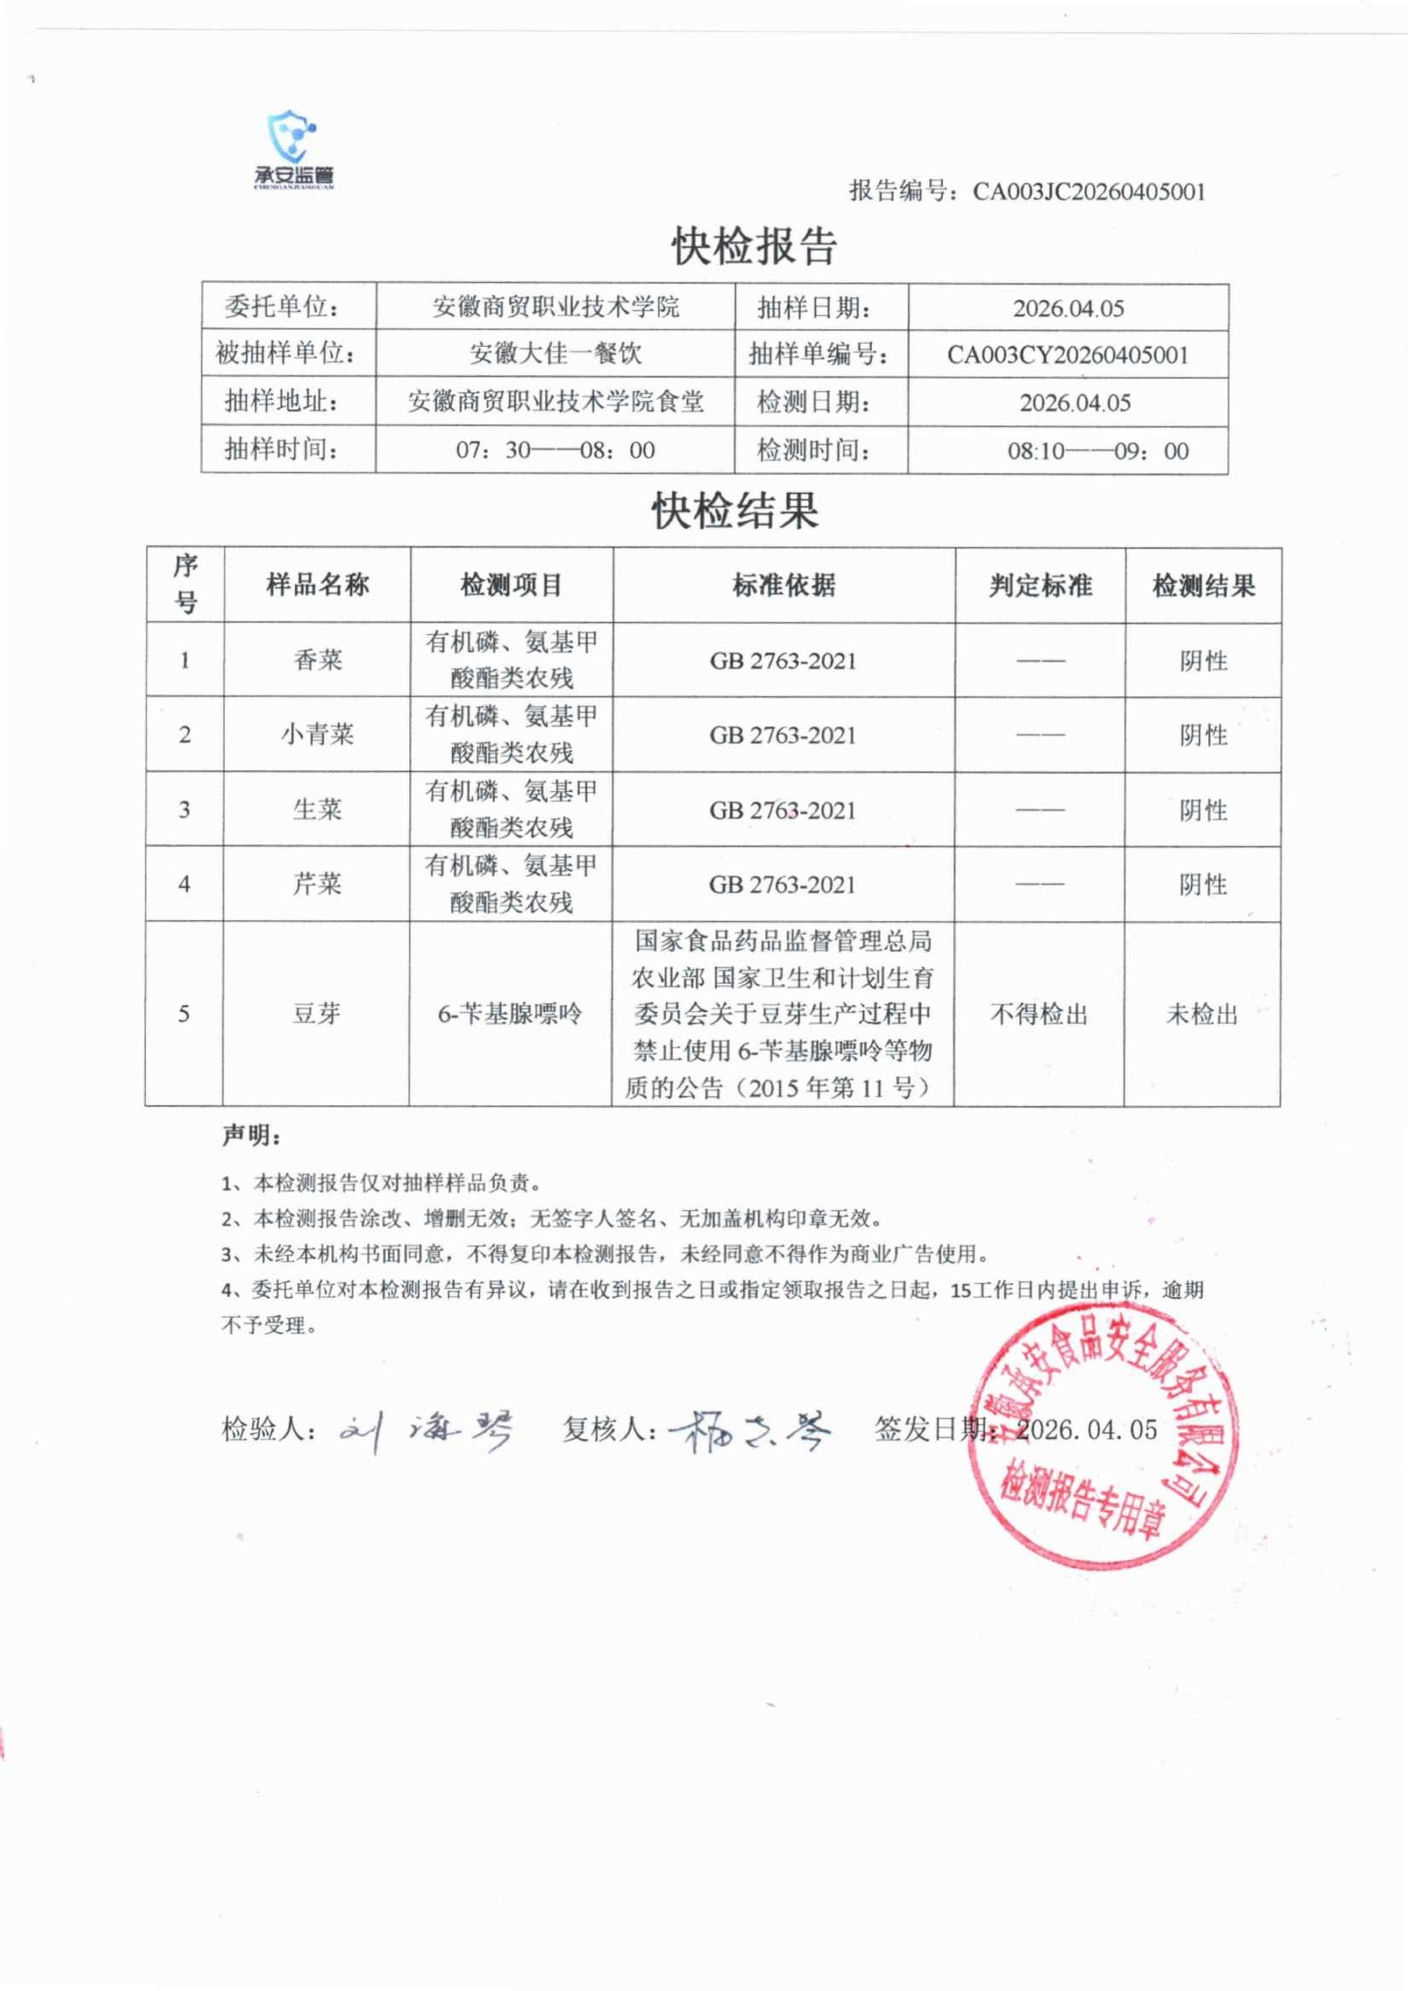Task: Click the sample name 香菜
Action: click(317, 660)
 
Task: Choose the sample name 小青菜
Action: click(317, 734)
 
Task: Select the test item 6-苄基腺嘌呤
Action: click(510, 1013)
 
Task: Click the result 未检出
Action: click(1202, 1014)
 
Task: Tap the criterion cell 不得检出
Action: click(1039, 1014)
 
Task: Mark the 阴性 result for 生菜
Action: click(1202, 810)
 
